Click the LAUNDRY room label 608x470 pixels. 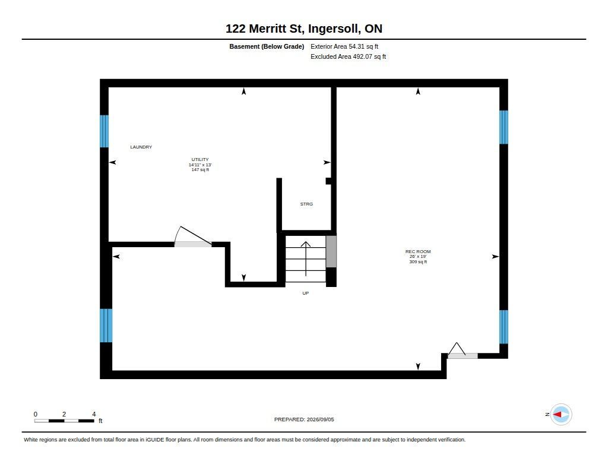coord(141,147)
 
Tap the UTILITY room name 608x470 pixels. coord(200,159)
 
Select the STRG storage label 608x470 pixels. coord(306,204)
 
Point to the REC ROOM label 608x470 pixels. coord(418,251)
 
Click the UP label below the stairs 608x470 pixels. coord(306,294)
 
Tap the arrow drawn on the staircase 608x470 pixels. coord(306,258)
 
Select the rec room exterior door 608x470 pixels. coord(462,351)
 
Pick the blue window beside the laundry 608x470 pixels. coord(104,131)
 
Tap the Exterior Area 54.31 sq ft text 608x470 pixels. coord(344,46)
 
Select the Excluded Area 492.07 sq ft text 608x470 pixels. coord(348,56)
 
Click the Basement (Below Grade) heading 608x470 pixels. coord(267,46)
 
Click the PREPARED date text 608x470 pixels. coord(304,419)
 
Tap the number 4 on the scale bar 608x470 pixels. coord(94,414)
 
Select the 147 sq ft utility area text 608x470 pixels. coord(200,169)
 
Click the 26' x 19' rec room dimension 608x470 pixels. coord(418,257)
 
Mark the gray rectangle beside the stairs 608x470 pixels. coord(331,251)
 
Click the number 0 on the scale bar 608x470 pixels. coord(36,414)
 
